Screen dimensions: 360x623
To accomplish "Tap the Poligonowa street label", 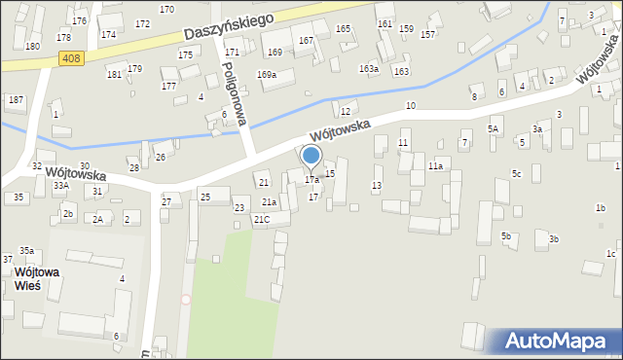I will (x=237, y=92).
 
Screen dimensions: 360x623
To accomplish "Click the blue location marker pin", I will (x=311, y=157).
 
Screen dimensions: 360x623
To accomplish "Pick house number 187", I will (x=16, y=100).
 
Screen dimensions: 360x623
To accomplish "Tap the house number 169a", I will (x=267, y=75).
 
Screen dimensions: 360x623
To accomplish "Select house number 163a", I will (x=368, y=69).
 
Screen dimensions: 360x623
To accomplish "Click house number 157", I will (x=427, y=35).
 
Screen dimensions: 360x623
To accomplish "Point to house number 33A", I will (x=60, y=185).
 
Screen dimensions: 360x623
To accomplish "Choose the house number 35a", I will (x=26, y=250).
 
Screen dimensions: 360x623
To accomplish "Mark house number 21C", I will (x=261, y=219).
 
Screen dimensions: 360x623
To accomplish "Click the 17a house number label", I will (x=311, y=180).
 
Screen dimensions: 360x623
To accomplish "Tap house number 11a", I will (x=435, y=166).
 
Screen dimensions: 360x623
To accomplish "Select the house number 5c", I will (x=517, y=174).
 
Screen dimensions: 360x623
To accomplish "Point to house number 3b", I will (x=554, y=239).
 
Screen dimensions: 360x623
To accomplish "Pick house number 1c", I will (x=610, y=254).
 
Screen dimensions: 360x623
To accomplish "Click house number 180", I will (x=32, y=47).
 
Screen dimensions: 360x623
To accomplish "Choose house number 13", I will (x=377, y=185).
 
